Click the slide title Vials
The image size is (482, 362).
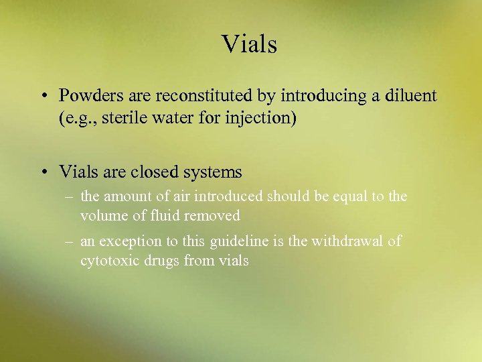coord(249,44)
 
